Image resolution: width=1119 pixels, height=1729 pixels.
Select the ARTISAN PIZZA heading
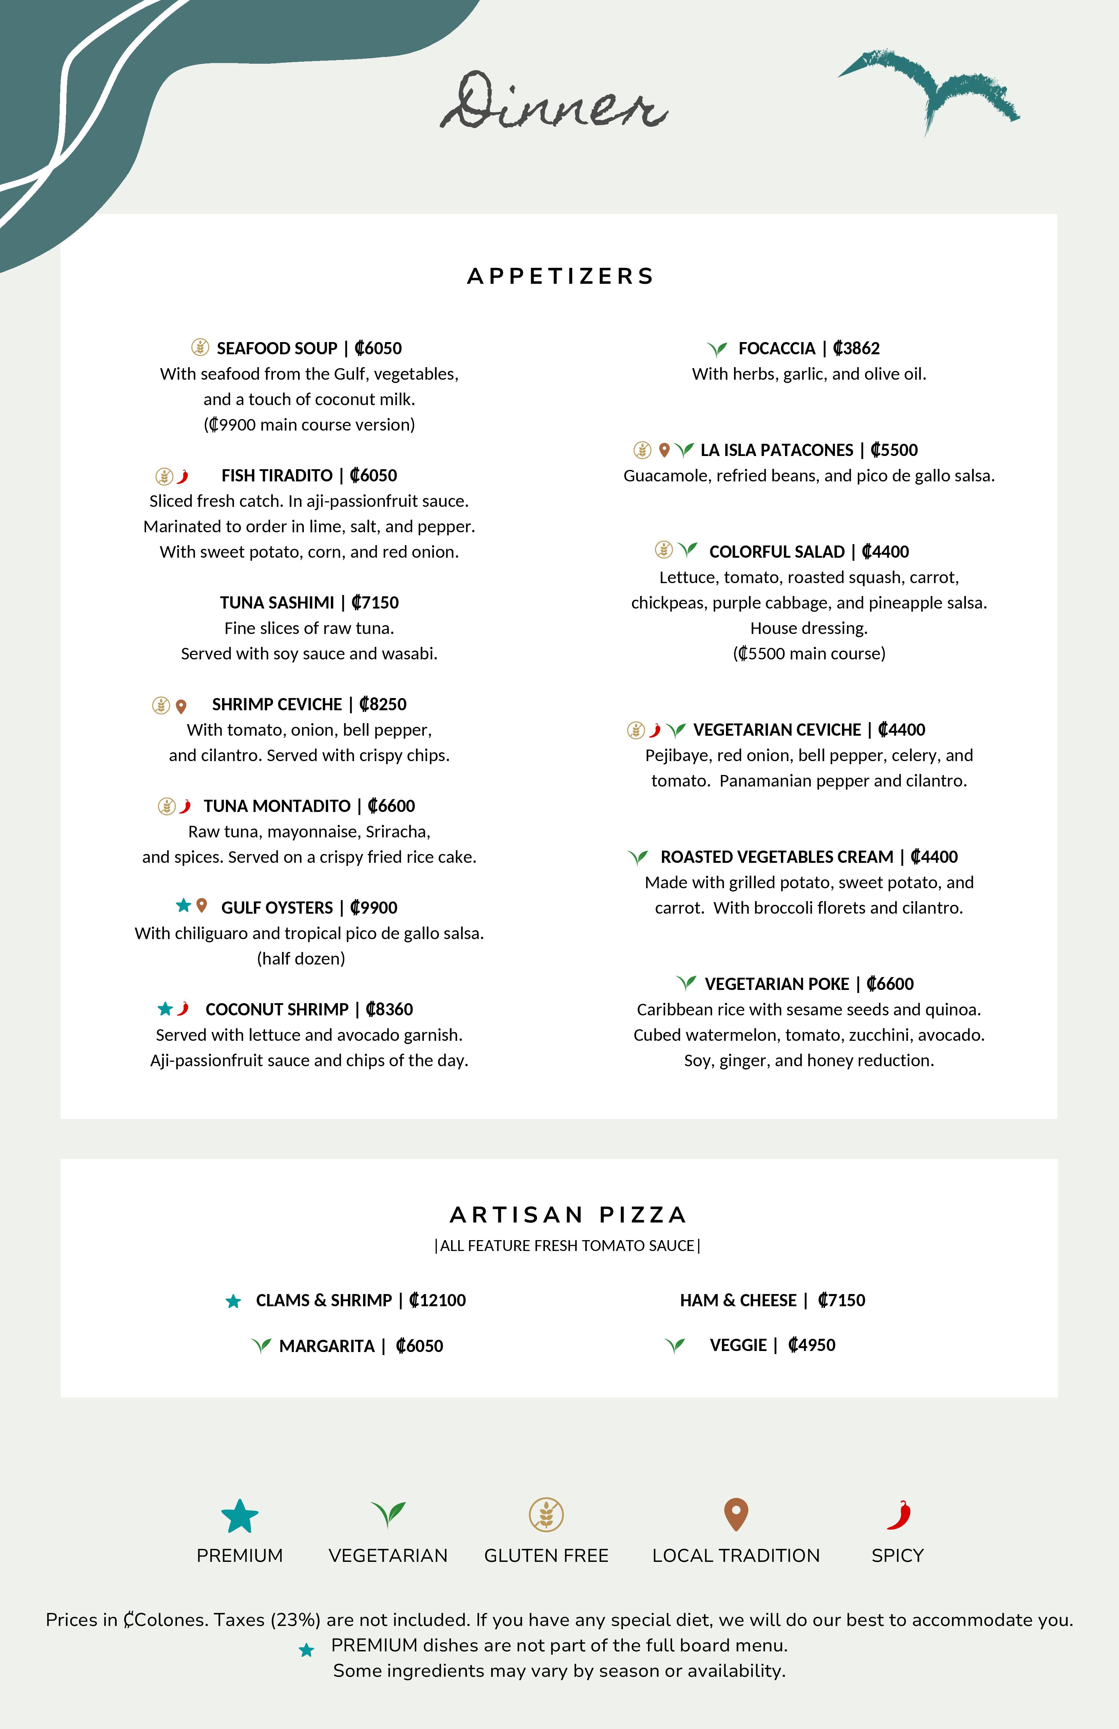tap(568, 1215)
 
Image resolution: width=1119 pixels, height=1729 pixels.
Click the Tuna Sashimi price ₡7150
tap(375, 602)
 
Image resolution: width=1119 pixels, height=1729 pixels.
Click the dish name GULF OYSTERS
tap(277, 907)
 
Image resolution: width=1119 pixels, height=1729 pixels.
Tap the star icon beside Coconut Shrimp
tap(165, 1008)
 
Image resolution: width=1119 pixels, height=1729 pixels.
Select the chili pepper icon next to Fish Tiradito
tap(183, 476)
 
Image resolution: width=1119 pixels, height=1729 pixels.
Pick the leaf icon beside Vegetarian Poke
tap(686, 983)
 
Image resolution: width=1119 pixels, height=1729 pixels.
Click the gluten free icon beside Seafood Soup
tap(200, 347)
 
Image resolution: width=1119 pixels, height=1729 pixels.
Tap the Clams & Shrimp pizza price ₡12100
tap(437, 1300)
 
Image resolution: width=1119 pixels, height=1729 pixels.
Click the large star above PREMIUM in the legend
tap(240, 1515)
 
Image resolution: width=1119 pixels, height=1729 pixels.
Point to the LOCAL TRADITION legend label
tap(735, 1555)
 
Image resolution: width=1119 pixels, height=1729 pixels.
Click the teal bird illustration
tap(930, 87)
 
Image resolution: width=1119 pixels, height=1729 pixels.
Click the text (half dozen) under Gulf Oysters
tap(301, 958)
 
